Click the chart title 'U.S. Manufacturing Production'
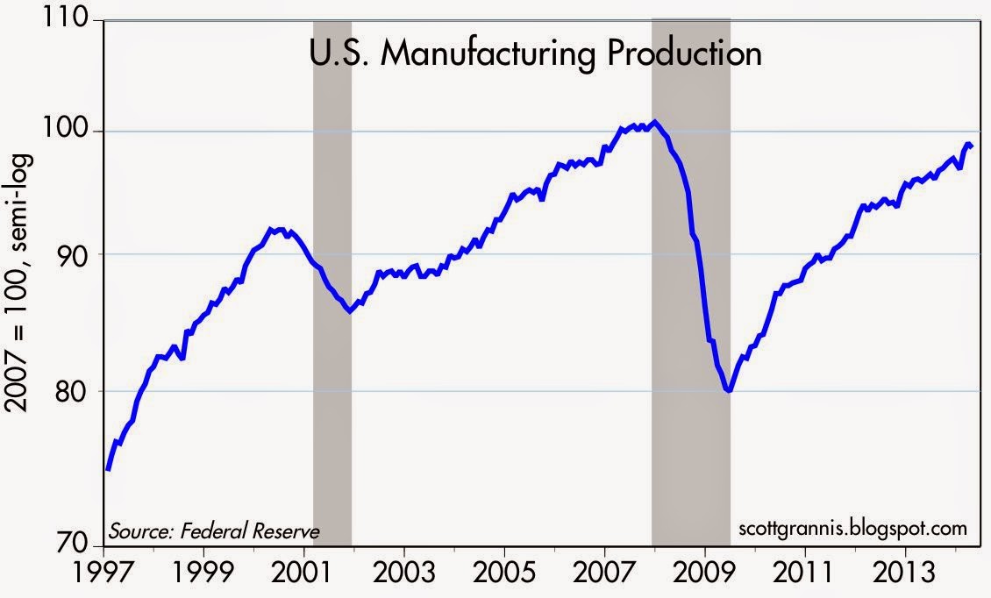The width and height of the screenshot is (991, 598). pyautogui.click(x=536, y=54)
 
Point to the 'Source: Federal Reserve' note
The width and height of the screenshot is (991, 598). pyautogui.click(x=214, y=530)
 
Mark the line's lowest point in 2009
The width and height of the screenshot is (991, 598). pyautogui.click(x=728, y=390)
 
